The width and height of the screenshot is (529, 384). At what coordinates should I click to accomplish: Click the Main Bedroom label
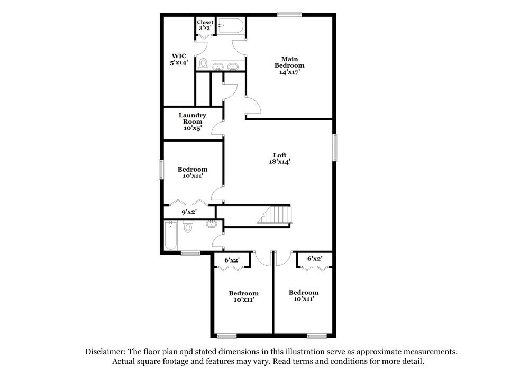point(289,65)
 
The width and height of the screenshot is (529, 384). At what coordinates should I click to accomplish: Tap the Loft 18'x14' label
point(279,158)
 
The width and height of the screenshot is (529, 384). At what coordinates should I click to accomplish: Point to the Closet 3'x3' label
point(205,25)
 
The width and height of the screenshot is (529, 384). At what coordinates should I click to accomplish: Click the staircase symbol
point(275,215)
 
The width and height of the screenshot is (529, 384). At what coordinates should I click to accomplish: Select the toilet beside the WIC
point(203,64)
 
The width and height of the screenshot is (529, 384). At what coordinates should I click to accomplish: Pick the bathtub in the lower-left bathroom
point(171,236)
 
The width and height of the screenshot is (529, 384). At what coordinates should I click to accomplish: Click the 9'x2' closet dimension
point(189,212)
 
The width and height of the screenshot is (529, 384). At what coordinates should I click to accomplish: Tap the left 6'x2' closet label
point(232,260)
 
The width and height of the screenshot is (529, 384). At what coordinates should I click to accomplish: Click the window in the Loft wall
point(334,147)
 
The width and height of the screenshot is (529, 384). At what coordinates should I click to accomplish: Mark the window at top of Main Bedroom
point(289,14)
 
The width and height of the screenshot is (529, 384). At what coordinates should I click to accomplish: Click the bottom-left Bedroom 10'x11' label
point(243,296)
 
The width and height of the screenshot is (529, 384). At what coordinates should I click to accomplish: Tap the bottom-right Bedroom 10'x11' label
point(304,296)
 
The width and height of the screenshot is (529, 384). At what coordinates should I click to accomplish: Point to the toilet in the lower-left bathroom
point(187,227)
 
